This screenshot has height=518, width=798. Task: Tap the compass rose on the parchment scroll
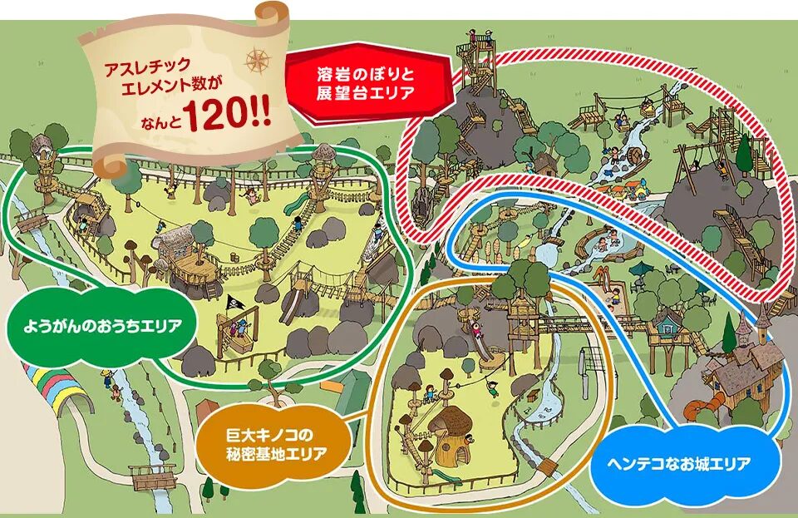[x=258, y=60]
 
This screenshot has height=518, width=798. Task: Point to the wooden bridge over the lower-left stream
[x=153, y=476]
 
